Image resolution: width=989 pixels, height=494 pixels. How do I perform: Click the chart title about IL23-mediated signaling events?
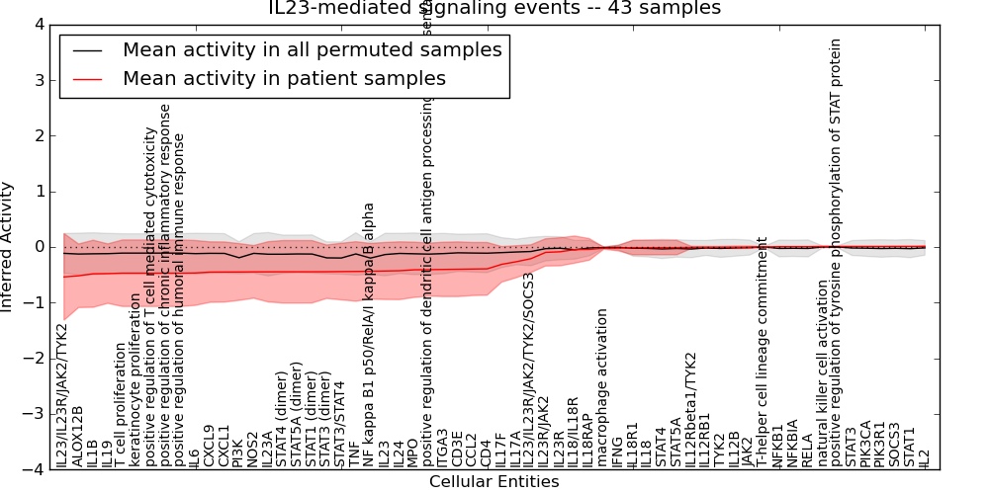tap(494, 9)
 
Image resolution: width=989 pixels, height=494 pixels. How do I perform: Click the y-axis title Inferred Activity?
tap(9, 246)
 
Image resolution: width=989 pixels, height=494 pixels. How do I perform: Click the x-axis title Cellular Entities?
tap(494, 482)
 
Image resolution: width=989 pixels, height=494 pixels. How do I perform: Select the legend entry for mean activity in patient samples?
tap(284, 78)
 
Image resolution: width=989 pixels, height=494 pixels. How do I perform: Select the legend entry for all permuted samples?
tap(312, 49)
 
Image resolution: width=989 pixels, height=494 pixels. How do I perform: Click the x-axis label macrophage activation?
tap(601, 387)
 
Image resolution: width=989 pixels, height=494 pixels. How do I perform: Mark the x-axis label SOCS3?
tap(895, 444)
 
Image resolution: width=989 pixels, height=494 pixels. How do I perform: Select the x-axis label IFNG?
tap(616, 451)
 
